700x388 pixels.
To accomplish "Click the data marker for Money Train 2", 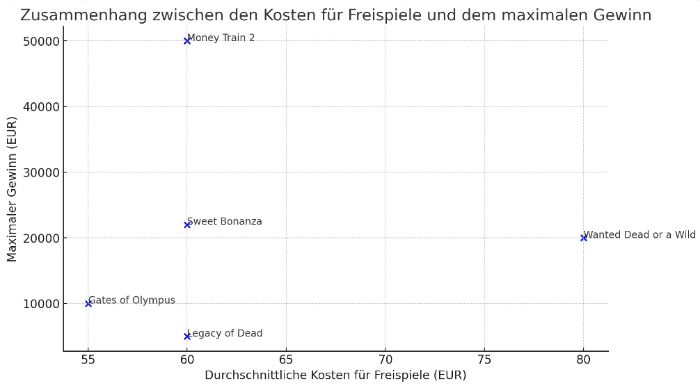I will coord(187,41).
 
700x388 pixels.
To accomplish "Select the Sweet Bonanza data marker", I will coord(187,225).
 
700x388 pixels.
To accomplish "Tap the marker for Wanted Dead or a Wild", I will coord(583,238).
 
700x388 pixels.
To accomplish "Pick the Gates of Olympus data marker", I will coord(88,303).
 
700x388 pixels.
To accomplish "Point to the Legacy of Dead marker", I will coord(187,337).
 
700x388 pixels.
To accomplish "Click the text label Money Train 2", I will coord(221,38).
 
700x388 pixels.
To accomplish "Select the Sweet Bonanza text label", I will coord(225,221).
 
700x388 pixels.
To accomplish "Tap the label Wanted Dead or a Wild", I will coord(639,234).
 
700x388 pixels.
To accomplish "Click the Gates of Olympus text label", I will coord(132,300).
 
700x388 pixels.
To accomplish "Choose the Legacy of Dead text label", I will coord(225,333).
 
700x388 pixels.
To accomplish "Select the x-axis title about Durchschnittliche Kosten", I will coord(335,375).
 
